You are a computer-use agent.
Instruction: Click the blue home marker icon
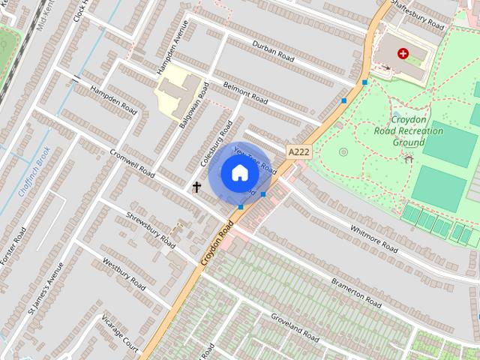(x=239, y=174)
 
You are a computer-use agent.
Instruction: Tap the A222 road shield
(x=298, y=151)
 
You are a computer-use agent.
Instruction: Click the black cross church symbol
(x=197, y=187)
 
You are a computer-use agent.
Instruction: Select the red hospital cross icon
(x=403, y=54)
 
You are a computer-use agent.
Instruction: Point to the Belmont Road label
(x=245, y=93)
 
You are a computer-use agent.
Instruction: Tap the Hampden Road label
(x=114, y=100)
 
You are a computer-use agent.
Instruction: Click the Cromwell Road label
(x=132, y=162)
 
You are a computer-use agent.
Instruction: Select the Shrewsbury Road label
(x=151, y=229)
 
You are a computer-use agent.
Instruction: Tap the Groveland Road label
(x=295, y=324)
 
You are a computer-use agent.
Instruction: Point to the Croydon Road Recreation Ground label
(x=408, y=130)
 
